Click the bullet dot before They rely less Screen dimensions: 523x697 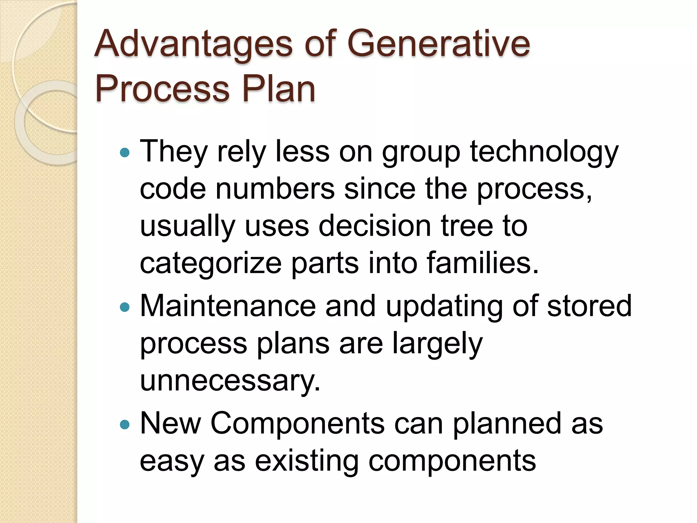tap(125, 152)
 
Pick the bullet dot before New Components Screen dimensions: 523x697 tap(125, 425)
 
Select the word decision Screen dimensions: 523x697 tap(375, 226)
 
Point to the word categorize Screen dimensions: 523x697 tap(211, 264)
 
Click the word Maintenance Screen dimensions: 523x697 tap(228, 306)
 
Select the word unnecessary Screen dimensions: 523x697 tap(230, 381)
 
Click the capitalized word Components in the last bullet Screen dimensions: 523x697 tap(297, 424)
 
